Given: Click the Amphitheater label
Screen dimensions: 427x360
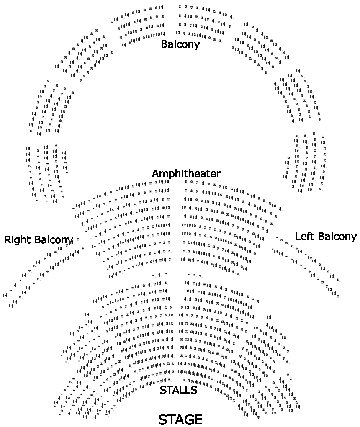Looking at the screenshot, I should [x=186, y=173].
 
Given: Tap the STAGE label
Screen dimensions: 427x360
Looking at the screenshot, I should [x=180, y=419].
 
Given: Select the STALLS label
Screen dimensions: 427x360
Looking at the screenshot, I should [x=178, y=390].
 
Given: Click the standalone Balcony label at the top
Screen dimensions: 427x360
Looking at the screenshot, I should [x=180, y=44].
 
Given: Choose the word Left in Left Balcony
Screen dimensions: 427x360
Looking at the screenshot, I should [x=304, y=236].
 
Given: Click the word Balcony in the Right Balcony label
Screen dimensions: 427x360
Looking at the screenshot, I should [x=54, y=240].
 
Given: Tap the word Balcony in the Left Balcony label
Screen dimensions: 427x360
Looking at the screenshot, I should [x=337, y=237].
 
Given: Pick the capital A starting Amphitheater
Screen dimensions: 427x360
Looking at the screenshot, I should [x=155, y=173].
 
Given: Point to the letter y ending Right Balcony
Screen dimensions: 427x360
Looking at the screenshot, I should [x=71, y=241].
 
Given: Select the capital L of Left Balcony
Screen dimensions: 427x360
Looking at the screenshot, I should [x=298, y=236].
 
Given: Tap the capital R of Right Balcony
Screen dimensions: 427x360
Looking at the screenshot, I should [x=8, y=240].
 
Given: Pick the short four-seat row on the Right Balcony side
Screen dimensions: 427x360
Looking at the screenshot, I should [x=158, y=275].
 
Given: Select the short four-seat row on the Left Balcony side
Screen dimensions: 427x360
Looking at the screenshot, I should [x=193, y=275].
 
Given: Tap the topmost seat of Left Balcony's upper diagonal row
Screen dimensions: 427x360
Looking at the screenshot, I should [x=277, y=237].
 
